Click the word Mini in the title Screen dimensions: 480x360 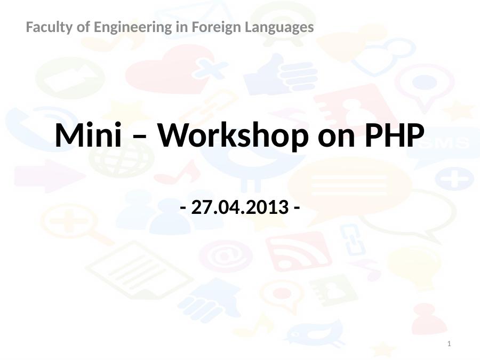[x=89, y=135]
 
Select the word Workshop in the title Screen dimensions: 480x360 [x=233, y=135]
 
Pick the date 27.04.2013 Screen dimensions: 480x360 [x=239, y=207]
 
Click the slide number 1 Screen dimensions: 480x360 [x=449, y=344]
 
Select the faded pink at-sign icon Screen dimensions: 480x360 [x=226, y=256]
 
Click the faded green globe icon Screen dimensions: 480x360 [x=122, y=159]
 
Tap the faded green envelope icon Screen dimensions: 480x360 [x=70, y=78]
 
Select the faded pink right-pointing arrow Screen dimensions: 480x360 [x=50, y=176]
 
